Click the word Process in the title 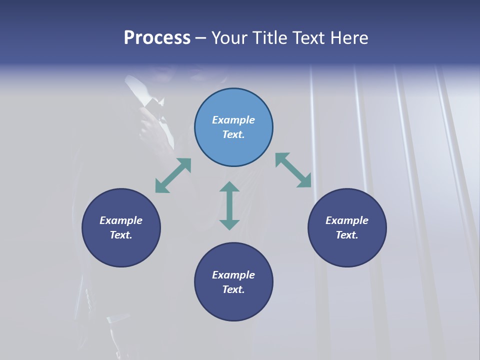pyautogui.click(x=157, y=38)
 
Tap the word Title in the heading pyautogui.click(x=270, y=38)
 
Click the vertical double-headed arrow pyautogui.click(x=229, y=205)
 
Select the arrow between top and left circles pyautogui.click(x=173, y=175)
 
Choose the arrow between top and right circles pyautogui.click(x=293, y=170)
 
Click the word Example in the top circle pyautogui.click(x=233, y=120)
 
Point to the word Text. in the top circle pyautogui.click(x=233, y=134)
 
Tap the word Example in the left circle pyautogui.click(x=121, y=220)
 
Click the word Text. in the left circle pyautogui.click(x=121, y=235)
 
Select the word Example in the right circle pyautogui.click(x=347, y=220)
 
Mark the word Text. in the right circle pyautogui.click(x=347, y=235)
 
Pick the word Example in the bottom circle pyautogui.click(x=233, y=275)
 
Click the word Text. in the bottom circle pyautogui.click(x=233, y=289)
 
